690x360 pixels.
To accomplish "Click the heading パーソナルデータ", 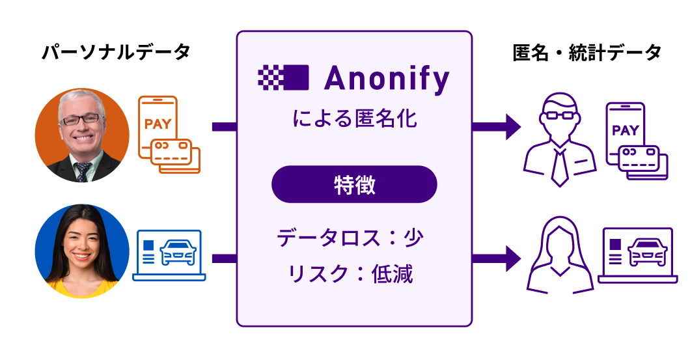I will pyautogui.click(x=116, y=53).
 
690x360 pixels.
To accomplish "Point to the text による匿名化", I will pyautogui.click(x=354, y=119).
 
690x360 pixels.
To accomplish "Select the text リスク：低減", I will pyautogui.click(x=350, y=273).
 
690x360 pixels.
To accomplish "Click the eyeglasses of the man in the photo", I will pyautogui.click(x=81, y=118).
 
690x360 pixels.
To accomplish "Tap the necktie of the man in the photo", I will pyautogui.click(x=83, y=171).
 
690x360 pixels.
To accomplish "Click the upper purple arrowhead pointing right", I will pyautogui.click(x=512, y=126).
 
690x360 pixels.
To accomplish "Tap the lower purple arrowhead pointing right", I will pyautogui.click(x=512, y=258).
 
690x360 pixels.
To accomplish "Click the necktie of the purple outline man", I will pyautogui.click(x=559, y=167).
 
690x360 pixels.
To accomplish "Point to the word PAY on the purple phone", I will pyautogui.click(x=625, y=130).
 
